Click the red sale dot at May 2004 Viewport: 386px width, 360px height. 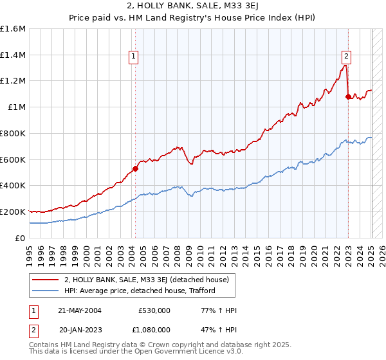(135, 169)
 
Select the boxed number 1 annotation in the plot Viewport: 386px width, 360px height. (133, 56)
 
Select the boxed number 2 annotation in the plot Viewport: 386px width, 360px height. (346, 56)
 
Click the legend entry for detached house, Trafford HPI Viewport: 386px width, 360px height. (140, 291)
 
